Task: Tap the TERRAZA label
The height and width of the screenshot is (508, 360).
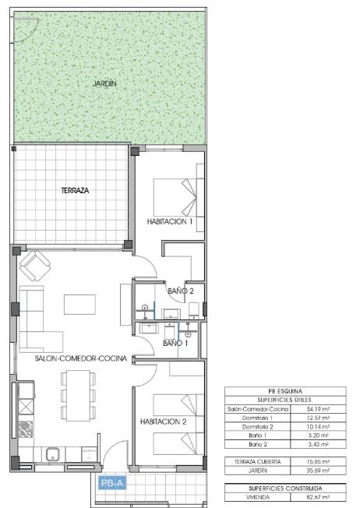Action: coord(75,190)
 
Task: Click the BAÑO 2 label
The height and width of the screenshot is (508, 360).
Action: coord(180,291)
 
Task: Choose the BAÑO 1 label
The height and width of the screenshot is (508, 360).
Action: coord(175,343)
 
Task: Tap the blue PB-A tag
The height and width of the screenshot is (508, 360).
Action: coord(111,483)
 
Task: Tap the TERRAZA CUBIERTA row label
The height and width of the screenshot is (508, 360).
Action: coord(250,461)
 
